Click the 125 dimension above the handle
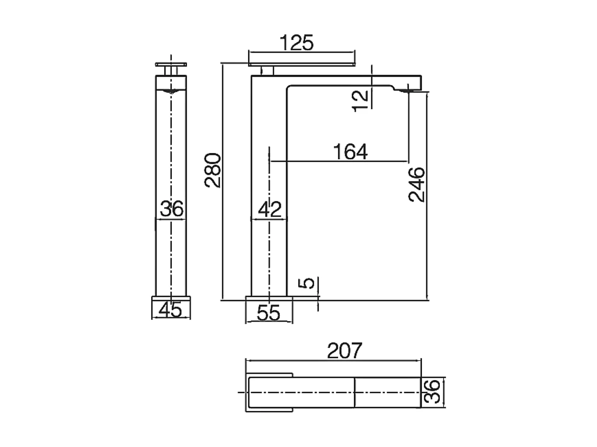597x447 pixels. click(x=297, y=43)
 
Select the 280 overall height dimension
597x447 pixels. click(x=213, y=170)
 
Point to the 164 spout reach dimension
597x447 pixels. click(x=350, y=152)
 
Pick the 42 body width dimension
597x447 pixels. click(x=269, y=209)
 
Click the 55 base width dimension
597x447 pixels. click(x=269, y=313)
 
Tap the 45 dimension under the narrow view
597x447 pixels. click(x=171, y=310)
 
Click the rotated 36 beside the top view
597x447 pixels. click(x=432, y=391)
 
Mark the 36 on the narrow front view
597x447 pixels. click(x=172, y=208)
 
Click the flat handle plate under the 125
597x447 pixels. click(x=301, y=64)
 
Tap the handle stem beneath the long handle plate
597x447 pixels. click(x=267, y=71)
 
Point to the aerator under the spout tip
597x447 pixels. click(x=405, y=91)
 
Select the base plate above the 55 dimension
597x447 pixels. click(x=269, y=298)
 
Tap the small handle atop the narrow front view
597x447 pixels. click(x=171, y=64)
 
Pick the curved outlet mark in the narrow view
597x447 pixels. click(x=171, y=92)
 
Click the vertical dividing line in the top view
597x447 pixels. click(x=354, y=393)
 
